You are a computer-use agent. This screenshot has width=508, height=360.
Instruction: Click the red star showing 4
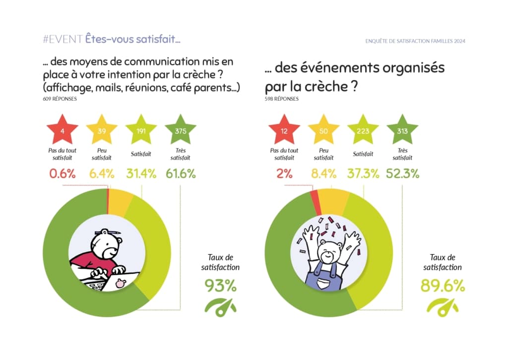(62, 131)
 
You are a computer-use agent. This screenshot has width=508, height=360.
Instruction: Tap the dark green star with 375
(180, 131)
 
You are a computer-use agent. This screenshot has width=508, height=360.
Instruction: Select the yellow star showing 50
(323, 131)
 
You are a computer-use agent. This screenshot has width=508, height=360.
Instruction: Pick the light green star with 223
(363, 131)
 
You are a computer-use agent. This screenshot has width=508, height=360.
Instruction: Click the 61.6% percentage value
(180, 174)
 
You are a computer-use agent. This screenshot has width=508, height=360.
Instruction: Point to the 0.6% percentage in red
(62, 174)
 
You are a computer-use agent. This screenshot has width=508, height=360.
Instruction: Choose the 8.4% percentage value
(323, 174)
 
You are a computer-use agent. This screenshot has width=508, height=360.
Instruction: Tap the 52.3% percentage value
(402, 174)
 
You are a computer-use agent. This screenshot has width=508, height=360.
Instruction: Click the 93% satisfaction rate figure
(221, 286)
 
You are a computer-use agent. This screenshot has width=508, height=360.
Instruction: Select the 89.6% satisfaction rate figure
(443, 286)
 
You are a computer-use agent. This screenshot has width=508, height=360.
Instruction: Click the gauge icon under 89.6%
(443, 307)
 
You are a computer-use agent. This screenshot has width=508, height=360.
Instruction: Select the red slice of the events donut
(314, 197)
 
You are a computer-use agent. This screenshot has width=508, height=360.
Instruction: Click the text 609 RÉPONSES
(60, 99)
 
